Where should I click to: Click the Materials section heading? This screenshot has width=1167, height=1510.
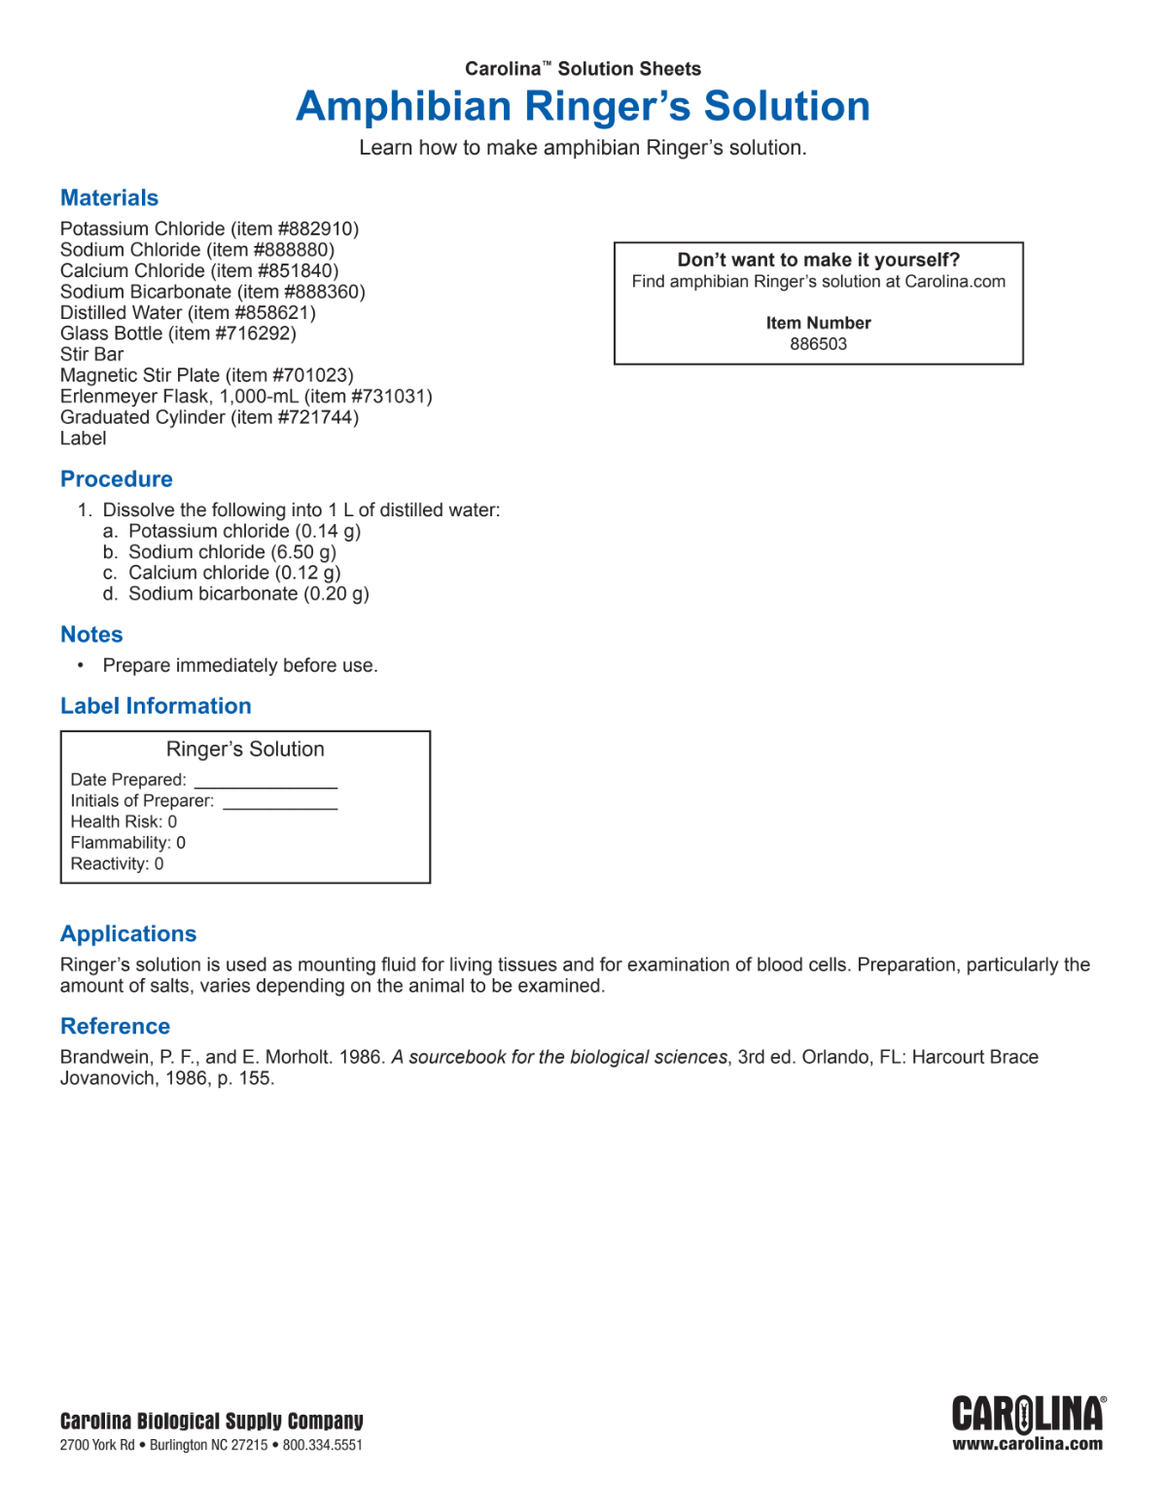pos(109,198)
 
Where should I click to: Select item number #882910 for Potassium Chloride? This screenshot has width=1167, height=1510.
pos(318,229)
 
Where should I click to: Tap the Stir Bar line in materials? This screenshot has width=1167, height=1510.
pos(91,355)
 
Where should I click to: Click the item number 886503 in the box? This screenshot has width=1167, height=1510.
pos(818,344)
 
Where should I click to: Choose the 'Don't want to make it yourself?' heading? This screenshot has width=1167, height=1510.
pos(818,261)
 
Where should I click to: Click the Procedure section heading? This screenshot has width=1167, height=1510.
pos(116,479)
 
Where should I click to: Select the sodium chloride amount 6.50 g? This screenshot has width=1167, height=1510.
pos(303,552)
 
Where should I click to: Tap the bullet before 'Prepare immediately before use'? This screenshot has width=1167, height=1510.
pos(81,666)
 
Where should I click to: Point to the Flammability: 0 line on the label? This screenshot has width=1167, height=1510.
pos(127,843)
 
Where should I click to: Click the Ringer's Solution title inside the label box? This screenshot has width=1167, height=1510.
pos(245,750)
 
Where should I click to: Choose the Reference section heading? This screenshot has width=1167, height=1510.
pos(115,1027)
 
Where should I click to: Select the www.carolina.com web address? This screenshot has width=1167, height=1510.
pos(1027,1445)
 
